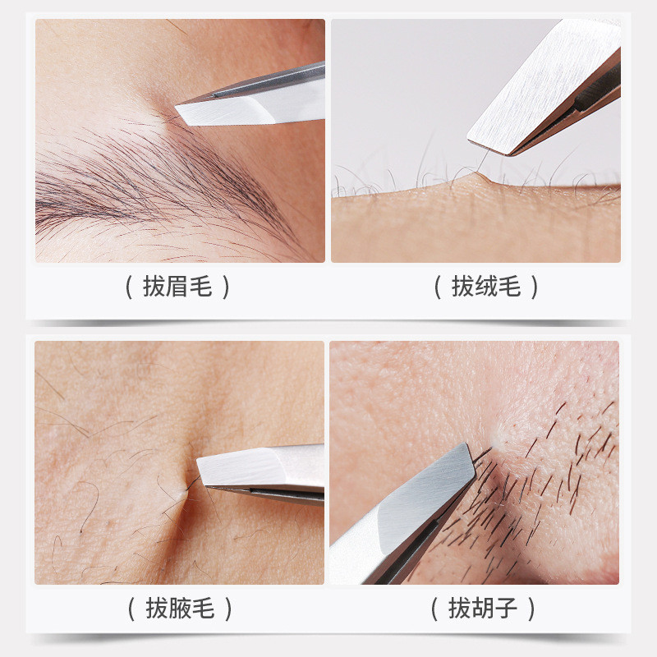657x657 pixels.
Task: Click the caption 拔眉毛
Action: (x=177, y=287)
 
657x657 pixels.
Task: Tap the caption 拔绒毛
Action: (x=486, y=287)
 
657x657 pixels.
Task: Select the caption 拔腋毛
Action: (x=180, y=609)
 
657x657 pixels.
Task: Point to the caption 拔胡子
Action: (x=483, y=609)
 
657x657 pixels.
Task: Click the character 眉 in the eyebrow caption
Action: (x=177, y=287)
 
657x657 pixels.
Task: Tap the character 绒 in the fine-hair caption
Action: (x=486, y=287)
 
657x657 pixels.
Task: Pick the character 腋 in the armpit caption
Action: (x=180, y=609)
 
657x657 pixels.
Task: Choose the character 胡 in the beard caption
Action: (x=483, y=609)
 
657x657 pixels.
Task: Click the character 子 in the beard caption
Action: (x=506, y=609)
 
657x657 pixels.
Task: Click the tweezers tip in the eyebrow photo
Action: (x=176, y=107)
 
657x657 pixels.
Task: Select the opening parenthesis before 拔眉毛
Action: (x=130, y=287)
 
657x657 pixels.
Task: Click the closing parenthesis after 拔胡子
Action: (x=531, y=609)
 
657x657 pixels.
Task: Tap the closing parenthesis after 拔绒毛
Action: (x=535, y=287)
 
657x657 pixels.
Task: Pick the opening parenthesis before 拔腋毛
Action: (x=131, y=609)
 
